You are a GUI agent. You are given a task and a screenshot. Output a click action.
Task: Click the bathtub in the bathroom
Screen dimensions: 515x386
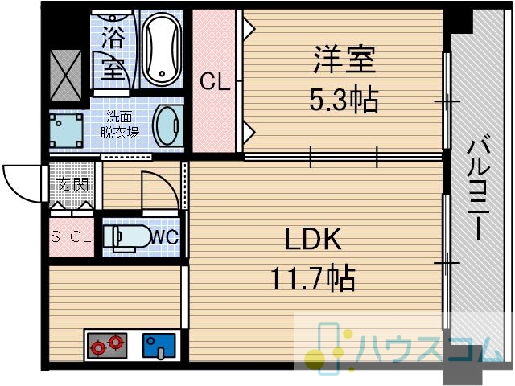tap(163, 49)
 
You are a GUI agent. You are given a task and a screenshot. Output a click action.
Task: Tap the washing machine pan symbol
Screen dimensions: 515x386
tap(66, 130)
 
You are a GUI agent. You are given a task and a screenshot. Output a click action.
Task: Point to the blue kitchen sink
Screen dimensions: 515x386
tap(159, 346)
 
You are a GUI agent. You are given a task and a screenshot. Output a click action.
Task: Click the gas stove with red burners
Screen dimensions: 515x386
tap(107, 346)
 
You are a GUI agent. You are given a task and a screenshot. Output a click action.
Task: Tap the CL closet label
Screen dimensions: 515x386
tap(215, 81)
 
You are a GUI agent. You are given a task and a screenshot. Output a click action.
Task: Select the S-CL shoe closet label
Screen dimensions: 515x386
tap(71, 236)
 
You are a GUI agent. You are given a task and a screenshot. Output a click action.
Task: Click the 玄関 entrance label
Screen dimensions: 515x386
tap(72, 185)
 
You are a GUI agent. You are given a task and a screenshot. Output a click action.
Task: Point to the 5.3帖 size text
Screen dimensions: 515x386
tap(344, 99)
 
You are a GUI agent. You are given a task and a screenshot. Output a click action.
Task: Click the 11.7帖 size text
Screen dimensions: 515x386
tap(313, 277)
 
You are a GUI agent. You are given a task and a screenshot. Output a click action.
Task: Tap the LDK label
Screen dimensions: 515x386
tap(312, 239)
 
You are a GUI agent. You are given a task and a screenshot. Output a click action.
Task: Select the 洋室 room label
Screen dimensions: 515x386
tap(344, 60)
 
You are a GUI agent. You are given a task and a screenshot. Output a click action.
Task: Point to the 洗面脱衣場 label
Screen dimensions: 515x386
tap(119, 125)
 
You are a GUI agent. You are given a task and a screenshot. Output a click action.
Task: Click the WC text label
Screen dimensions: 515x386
tap(164, 236)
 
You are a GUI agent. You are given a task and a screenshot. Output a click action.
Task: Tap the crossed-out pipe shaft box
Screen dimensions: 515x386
tap(66, 75)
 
